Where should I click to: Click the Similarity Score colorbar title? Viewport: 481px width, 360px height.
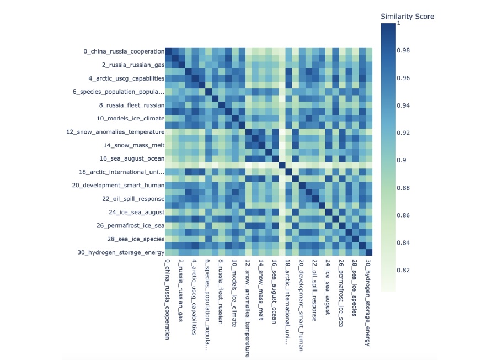[x=407, y=17]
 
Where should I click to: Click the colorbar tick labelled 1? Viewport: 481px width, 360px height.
[x=398, y=23]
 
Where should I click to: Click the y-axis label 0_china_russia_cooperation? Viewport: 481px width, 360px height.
[x=124, y=51]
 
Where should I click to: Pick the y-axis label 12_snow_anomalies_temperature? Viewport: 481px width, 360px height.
[x=115, y=132]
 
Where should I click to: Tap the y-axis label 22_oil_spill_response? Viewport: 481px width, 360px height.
[x=131, y=199]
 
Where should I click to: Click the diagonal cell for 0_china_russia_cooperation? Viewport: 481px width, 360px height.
[x=169, y=51]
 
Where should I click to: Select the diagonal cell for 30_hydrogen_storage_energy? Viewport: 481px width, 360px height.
[x=369, y=252]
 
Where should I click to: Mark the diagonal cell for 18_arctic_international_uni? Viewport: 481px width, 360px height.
[x=289, y=172]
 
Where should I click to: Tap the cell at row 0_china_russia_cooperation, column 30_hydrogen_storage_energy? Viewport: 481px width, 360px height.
[x=369, y=51]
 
